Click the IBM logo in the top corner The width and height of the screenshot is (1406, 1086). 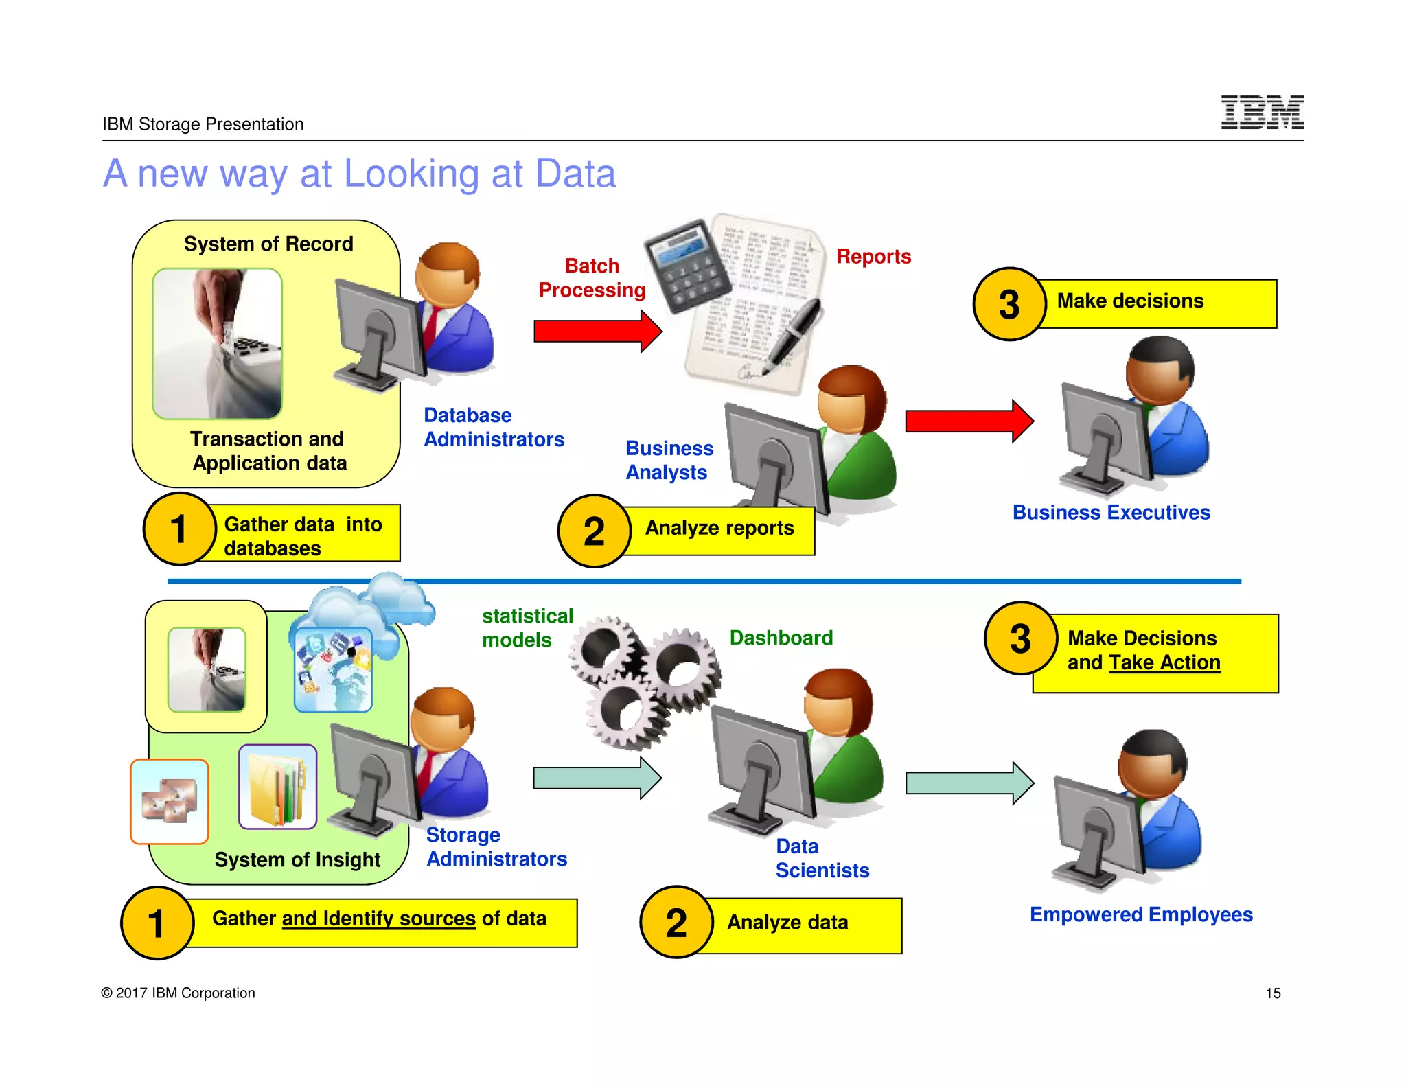click(x=1262, y=113)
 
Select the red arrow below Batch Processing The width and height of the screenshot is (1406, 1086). click(x=597, y=331)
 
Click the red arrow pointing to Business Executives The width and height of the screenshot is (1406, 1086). click(x=969, y=421)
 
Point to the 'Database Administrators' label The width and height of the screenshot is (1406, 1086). click(x=493, y=427)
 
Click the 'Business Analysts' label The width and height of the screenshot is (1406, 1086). click(x=669, y=460)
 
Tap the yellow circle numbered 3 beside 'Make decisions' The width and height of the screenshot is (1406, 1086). click(x=1009, y=304)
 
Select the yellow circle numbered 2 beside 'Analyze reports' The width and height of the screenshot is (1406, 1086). click(x=594, y=531)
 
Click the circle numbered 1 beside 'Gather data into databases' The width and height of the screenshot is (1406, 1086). click(x=179, y=529)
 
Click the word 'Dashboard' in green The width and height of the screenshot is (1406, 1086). click(x=781, y=638)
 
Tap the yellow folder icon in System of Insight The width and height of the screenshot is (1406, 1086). click(x=277, y=787)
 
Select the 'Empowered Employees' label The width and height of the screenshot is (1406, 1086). click(x=1141, y=914)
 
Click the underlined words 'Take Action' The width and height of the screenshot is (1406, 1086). click(x=1164, y=662)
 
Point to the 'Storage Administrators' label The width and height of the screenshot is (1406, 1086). click(x=496, y=846)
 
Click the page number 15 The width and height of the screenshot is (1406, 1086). click(x=1273, y=993)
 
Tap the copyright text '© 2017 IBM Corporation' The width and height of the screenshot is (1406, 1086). click(x=178, y=993)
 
